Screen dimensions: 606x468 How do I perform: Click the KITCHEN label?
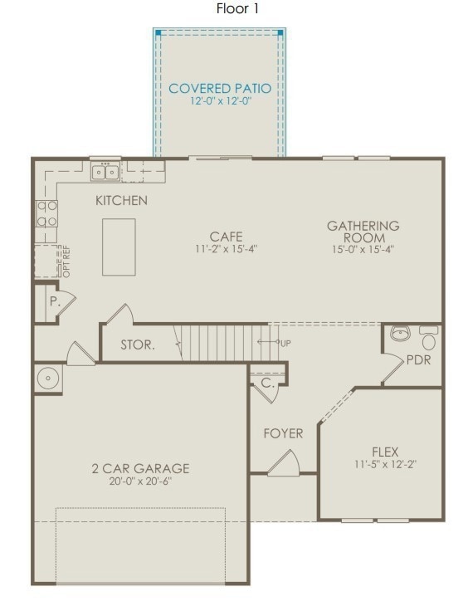[121, 200]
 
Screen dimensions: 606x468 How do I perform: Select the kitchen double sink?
[105, 172]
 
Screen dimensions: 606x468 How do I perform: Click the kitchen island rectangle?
[119, 247]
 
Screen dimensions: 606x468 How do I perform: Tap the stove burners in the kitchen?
[46, 213]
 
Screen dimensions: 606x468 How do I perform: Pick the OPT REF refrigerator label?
[65, 263]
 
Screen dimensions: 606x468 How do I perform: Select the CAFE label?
[226, 236]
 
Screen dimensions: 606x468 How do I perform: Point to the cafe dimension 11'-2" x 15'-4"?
[226, 249]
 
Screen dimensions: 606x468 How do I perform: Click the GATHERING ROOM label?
[363, 231]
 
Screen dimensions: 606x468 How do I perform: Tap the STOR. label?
[137, 345]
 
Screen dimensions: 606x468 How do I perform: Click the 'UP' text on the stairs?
[285, 343]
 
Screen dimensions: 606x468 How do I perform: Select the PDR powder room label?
[417, 360]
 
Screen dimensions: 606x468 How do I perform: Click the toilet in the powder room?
[428, 338]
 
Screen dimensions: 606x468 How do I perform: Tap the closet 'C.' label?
[267, 384]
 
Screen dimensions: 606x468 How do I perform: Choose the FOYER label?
[283, 433]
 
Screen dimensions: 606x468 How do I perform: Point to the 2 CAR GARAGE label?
[140, 468]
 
